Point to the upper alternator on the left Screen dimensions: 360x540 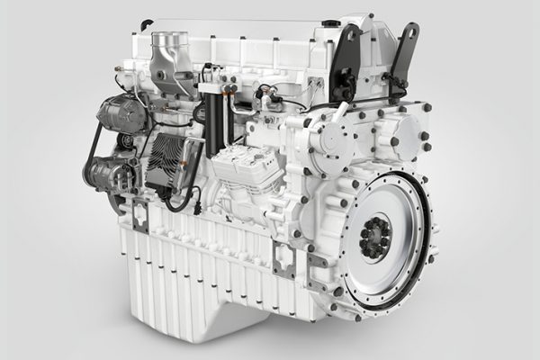(121, 113)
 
